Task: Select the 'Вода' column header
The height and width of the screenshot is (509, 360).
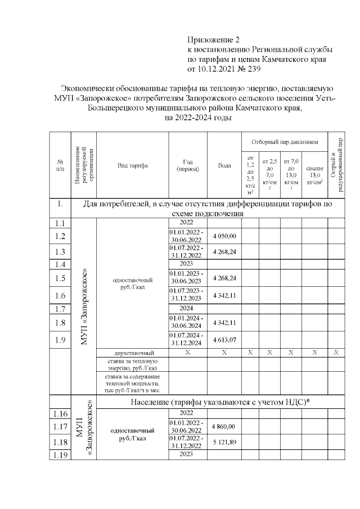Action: [224, 165]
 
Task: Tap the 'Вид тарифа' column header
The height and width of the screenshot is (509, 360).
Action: [133, 165]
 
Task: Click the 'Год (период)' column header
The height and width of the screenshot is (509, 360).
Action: [188, 165]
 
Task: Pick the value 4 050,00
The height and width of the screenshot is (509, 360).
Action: [224, 236]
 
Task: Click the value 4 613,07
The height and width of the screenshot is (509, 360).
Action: [224, 340]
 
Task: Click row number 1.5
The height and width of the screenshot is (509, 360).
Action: [60, 277]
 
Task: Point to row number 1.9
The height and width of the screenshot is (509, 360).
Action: [60, 340]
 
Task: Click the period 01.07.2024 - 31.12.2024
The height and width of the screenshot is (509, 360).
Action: [188, 340]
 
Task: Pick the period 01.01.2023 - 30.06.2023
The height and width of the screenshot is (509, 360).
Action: [188, 277]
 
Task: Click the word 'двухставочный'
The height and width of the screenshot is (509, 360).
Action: [133, 353]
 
